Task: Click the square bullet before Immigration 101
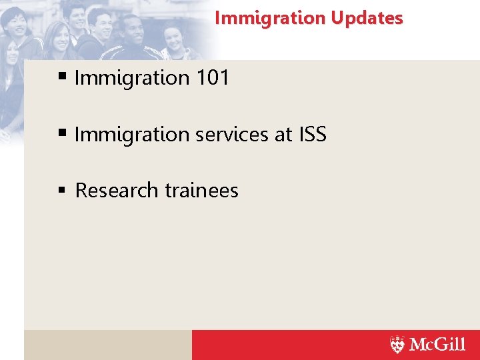pyautogui.click(x=62, y=78)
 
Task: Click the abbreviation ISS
pyautogui.click(x=312, y=135)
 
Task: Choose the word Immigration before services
pyautogui.click(x=132, y=135)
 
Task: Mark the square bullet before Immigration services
pyautogui.click(x=62, y=134)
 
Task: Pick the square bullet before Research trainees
pyautogui.click(x=62, y=191)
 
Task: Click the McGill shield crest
pyautogui.click(x=397, y=345)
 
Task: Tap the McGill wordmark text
pyautogui.click(x=437, y=345)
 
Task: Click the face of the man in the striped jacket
pyautogui.click(x=134, y=30)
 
